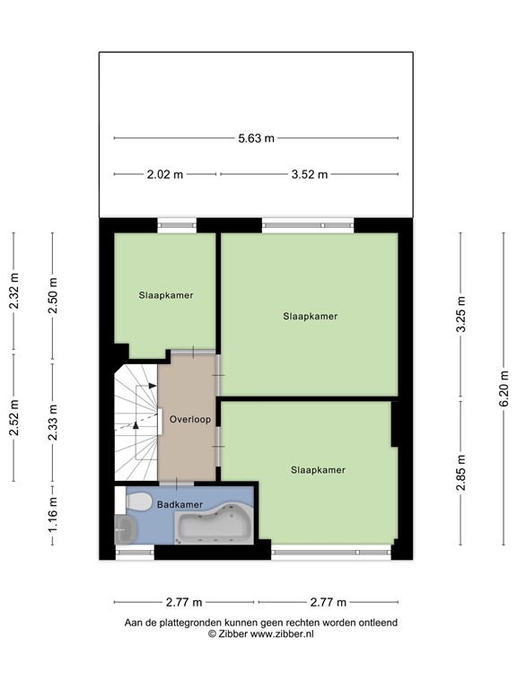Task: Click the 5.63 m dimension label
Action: (x=256, y=138)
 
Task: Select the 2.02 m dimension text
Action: (x=165, y=175)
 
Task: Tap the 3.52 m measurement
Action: (x=309, y=175)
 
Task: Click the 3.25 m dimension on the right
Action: (x=461, y=315)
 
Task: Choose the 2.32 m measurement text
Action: (x=13, y=292)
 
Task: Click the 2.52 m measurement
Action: (x=13, y=417)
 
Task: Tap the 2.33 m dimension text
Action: (x=53, y=417)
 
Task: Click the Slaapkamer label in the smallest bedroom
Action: (x=166, y=294)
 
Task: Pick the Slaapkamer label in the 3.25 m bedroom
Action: (x=310, y=316)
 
